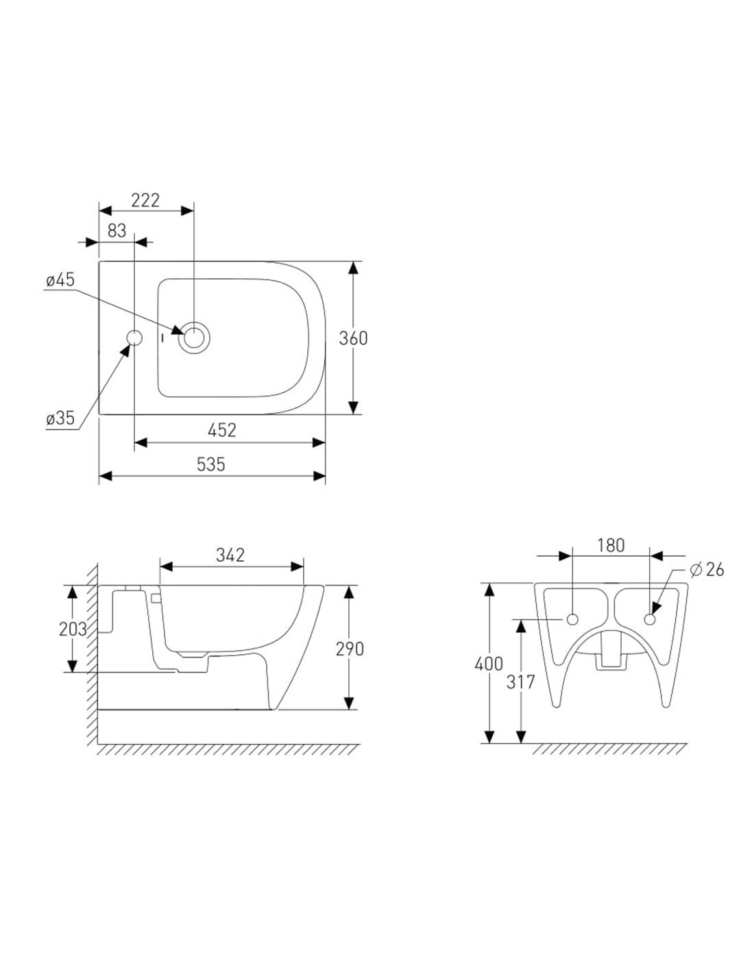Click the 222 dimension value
coord(145,201)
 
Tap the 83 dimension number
coord(117,231)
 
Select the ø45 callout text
coord(60,280)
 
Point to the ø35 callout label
coord(60,419)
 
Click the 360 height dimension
coord(353,338)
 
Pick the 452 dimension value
coord(222,430)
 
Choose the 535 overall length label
coord(211,464)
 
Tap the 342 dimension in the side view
coord(230,555)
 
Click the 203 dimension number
coord(73,629)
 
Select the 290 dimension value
coord(350,649)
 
